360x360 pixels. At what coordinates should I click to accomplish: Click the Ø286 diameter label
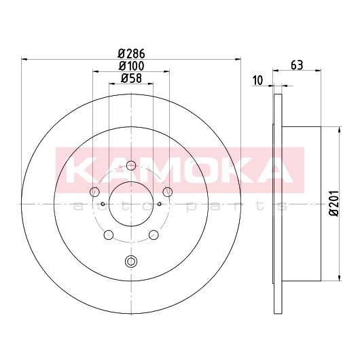pos(131,54)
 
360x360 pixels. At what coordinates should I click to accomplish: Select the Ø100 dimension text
pos(131,67)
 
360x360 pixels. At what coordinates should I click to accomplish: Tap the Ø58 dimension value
pos(131,78)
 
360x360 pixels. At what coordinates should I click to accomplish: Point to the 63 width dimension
pos(297,65)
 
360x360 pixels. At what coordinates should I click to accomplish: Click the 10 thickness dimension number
pos(257,81)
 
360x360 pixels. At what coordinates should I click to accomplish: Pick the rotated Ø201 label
pos(334,203)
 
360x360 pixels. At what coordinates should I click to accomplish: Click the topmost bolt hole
pos(131,166)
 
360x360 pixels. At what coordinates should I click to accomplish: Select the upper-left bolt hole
pos(94,192)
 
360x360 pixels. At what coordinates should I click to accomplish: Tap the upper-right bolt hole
pos(168,192)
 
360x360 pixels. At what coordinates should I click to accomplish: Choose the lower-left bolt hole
pos(109,235)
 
